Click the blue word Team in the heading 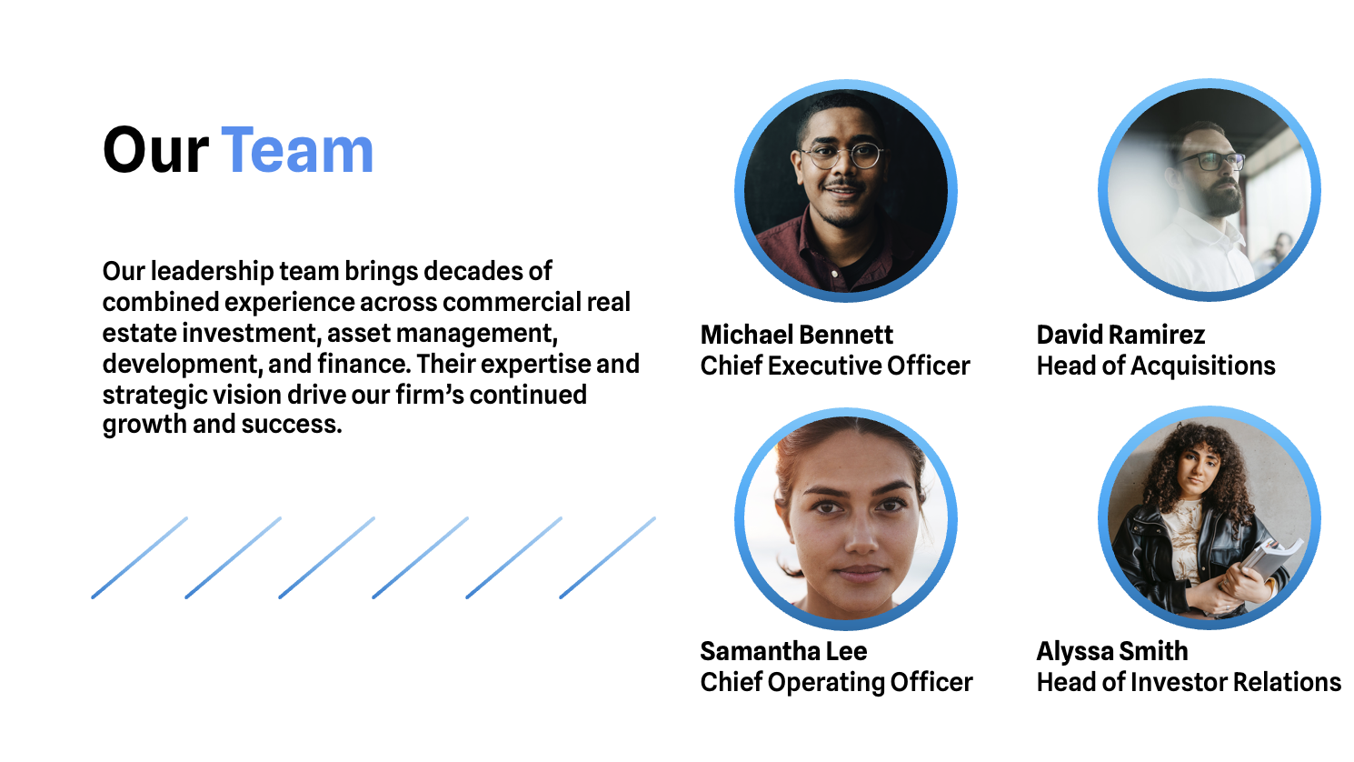(x=297, y=150)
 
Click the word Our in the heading (x=155, y=150)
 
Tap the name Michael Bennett (x=796, y=335)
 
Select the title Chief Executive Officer (x=835, y=366)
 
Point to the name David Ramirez (x=1120, y=335)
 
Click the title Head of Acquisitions (x=1156, y=366)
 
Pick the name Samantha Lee (x=783, y=651)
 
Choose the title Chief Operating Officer (x=836, y=682)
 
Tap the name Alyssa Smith (x=1112, y=651)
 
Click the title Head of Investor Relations (x=1189, y=682)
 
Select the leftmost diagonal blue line (x=140, y=557)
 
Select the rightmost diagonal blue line (x=608, y=557)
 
